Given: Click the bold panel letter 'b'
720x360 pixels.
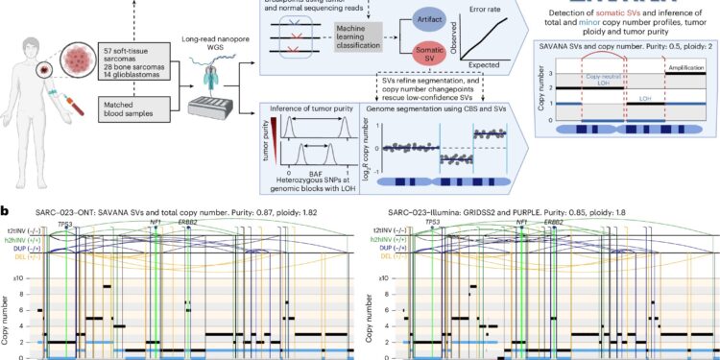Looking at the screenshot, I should click(x=6, y=208).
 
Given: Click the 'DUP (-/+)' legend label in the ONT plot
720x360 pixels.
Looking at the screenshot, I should click(x=21, y=248).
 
